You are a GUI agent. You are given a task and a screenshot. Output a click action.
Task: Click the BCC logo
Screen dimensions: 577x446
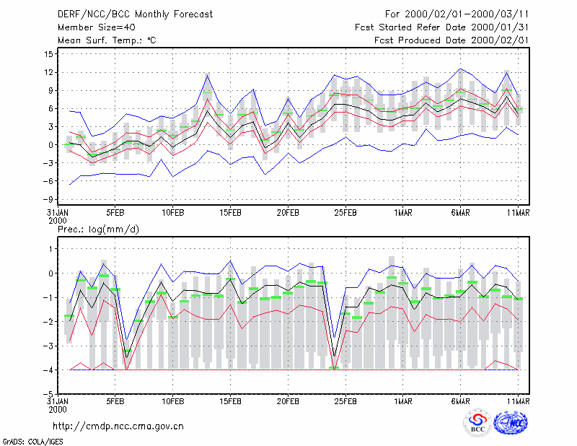coord(477,424)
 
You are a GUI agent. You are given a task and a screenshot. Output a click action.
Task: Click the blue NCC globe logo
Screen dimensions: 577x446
coord(511,423)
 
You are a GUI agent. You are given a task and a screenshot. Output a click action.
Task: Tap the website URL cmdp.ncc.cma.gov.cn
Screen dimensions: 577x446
coord(118,427)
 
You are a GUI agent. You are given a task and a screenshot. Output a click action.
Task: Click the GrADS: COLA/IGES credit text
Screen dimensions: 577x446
coord(32,442)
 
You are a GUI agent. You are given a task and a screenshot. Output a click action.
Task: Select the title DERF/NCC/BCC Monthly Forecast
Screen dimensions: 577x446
coord(135,14)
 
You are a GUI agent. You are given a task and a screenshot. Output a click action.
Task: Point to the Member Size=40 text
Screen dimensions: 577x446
coord(97,27)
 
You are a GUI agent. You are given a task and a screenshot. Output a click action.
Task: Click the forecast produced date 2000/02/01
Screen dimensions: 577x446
coord(500,40)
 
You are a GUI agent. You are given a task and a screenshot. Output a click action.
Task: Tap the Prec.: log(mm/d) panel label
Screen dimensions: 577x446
coord(98,229)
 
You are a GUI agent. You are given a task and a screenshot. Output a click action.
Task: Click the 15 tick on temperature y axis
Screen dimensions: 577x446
coord(49,54)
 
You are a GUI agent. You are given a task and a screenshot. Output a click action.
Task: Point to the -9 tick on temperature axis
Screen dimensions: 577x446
coord(48,200)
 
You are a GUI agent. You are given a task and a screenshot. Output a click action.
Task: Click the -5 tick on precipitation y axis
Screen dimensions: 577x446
coord(48,394)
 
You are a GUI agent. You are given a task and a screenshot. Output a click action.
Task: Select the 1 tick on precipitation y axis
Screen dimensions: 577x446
coord(50,249)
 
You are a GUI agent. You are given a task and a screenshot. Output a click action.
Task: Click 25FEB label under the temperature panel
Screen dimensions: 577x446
coord(345,213)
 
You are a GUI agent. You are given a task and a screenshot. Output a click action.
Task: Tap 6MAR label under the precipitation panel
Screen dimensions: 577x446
coord(460,401)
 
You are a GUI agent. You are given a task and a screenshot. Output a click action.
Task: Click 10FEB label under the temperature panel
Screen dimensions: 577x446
coord(172,213)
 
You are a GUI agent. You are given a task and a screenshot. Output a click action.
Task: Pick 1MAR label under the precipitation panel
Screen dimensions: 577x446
coord(403,401)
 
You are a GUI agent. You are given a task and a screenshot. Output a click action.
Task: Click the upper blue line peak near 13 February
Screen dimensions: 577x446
coord(208,75)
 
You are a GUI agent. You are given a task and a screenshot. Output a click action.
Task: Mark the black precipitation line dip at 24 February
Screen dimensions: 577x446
coord(334,356)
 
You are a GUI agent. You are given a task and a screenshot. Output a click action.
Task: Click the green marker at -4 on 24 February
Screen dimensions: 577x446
coord(334,367)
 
